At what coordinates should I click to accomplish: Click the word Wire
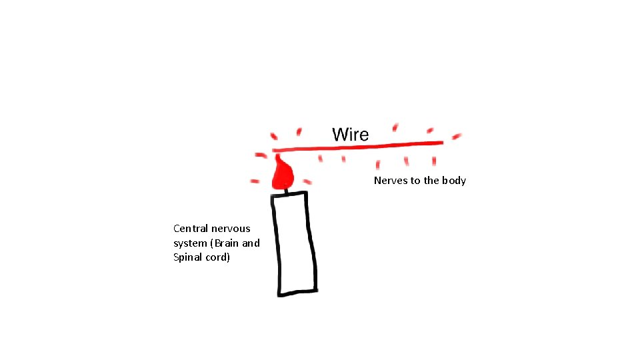coord(350,134)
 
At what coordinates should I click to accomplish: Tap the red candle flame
coord(283,175)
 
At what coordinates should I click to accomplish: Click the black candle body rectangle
coord(293,243)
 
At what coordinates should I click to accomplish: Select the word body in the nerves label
coord(454,181)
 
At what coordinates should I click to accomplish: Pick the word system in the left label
coord(189,243)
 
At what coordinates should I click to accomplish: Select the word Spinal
coord(187,257)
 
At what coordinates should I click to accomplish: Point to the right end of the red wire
coord(441,142)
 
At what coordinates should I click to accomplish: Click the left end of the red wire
coord(275,151)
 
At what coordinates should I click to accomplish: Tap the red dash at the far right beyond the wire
coord(457,137)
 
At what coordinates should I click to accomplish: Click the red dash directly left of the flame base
coord(255,181)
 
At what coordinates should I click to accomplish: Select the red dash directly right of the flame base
coord(307,181)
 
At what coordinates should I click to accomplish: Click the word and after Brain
coord(251,243)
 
